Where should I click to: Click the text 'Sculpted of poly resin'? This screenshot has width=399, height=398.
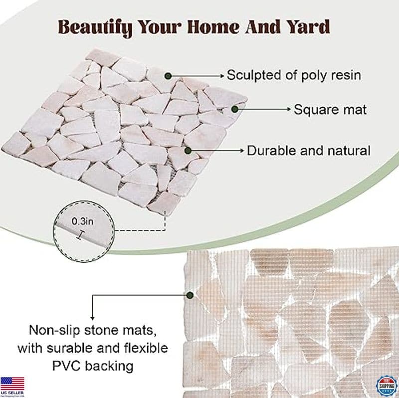point(294,75)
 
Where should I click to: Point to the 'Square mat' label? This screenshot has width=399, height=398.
point(330,109)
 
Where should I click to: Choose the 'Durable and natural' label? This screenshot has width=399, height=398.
point(309,150)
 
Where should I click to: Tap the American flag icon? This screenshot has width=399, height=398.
point(12,383)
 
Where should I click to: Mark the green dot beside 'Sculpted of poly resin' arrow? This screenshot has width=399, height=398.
point(169,75)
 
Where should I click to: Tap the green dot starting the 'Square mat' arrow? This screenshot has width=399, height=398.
point(234,109)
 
